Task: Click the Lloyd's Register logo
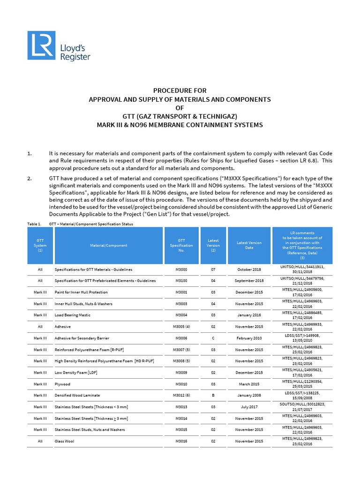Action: tap(59, 45)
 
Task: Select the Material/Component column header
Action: tap(108, 245)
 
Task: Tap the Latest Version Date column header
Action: tap(249, 245)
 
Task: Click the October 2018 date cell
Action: tap(249, 269)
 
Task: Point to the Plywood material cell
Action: tap(63, 384)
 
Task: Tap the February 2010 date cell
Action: tap(249, 338)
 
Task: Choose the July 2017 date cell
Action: tap(249, 407)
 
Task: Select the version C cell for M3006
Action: tap(213, 338)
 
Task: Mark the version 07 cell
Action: tap(213, 269)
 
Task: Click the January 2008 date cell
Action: tap(249, 395)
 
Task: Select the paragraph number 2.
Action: tap(30, 179)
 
